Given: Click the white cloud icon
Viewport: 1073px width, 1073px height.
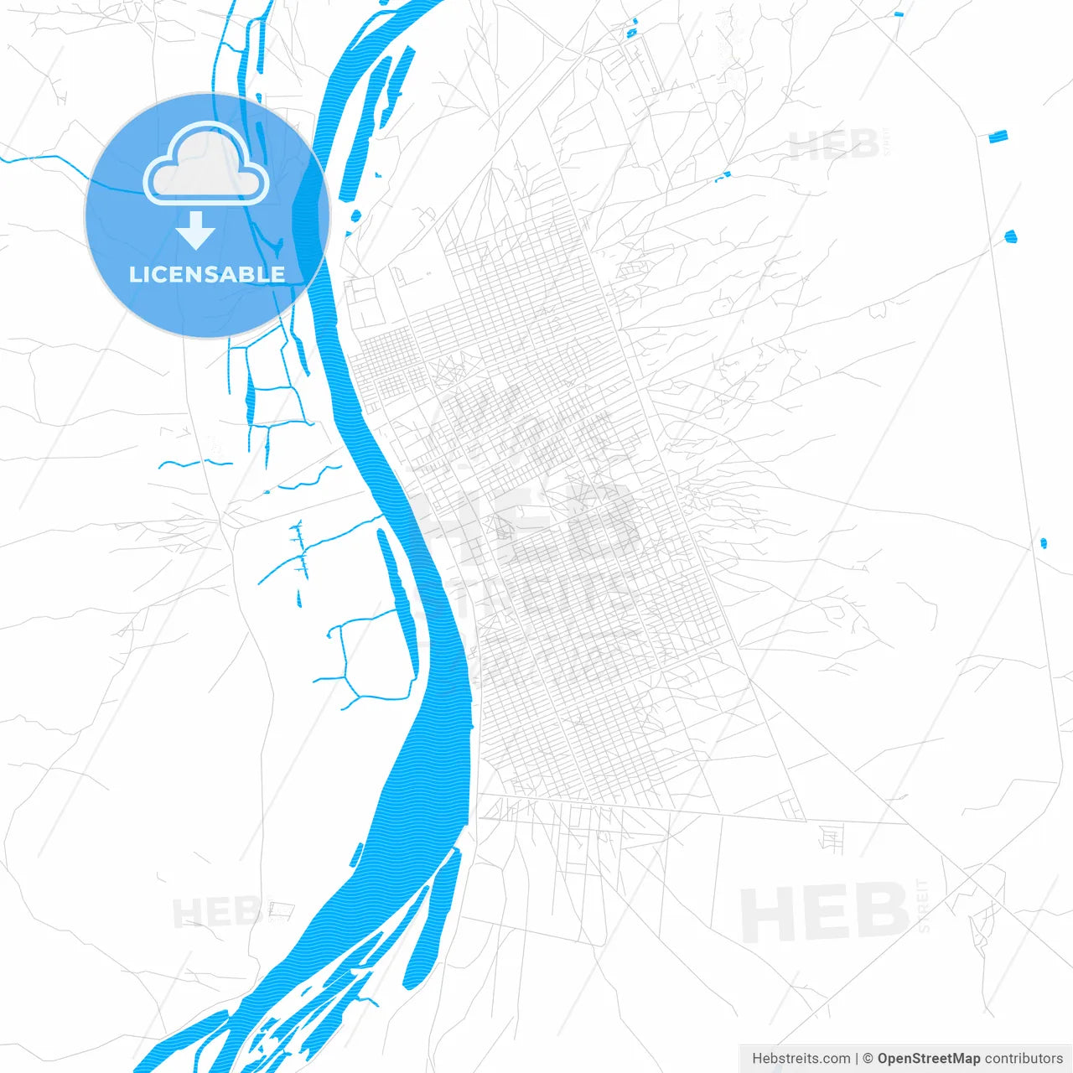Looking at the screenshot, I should [x=206, y=165].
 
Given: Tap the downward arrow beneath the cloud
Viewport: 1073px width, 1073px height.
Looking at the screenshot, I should [x=196, y=231].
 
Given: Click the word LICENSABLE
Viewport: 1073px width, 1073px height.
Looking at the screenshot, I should [x=206, y=274].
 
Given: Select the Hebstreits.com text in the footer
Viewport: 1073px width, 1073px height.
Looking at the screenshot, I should [x=801, y=1059].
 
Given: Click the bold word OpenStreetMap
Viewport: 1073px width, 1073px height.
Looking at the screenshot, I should [x=928, y=1059].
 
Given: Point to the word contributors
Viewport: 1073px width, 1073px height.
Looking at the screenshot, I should [x=1024, y=1059].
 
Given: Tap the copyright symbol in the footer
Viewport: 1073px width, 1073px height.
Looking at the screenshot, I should [x=868, y=1059].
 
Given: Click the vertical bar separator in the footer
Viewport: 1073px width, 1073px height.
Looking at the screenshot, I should [x=857, y=1059].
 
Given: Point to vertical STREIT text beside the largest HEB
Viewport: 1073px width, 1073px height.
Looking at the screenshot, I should [x=924, y=905].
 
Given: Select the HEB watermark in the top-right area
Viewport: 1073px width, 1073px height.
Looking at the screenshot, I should [x=833, y=145].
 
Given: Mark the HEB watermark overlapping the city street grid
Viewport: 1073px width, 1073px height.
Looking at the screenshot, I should [x=528, y=520].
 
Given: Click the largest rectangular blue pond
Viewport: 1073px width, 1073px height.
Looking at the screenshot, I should [x=998, y=136].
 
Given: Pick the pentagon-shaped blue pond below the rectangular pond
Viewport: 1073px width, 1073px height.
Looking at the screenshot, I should [x=1011, y=236].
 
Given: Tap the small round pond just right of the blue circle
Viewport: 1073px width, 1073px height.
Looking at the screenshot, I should [x=355, y=216].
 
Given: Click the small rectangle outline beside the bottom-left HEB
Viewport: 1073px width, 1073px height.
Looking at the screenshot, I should [x=282, y=910].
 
